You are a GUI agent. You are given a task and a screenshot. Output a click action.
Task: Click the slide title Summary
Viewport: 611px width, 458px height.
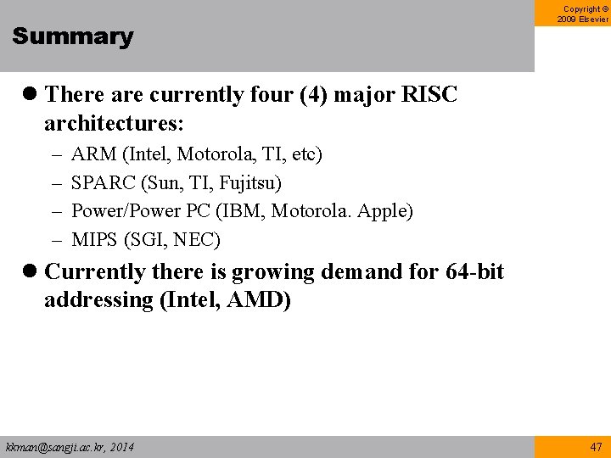point(73,36)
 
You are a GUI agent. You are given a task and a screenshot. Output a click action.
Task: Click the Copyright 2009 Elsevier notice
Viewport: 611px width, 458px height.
point(583,14)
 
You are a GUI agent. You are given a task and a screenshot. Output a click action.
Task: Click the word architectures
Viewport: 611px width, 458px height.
point(114,123)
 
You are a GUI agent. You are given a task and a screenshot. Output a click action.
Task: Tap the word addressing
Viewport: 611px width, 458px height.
point(98,301)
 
